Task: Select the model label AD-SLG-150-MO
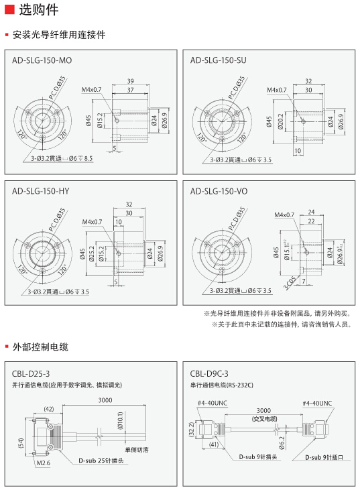[x=42, y=60]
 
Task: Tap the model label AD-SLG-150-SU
[x=219, y=60]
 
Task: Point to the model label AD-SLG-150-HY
[x=41, y=191]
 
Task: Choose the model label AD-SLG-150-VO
[x=219, y=191]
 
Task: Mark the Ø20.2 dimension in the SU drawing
[x=281, y=121]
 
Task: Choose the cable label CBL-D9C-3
[x=209, y=373]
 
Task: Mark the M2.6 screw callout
[x=44, y=463]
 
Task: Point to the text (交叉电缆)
[x=264, y=418]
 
